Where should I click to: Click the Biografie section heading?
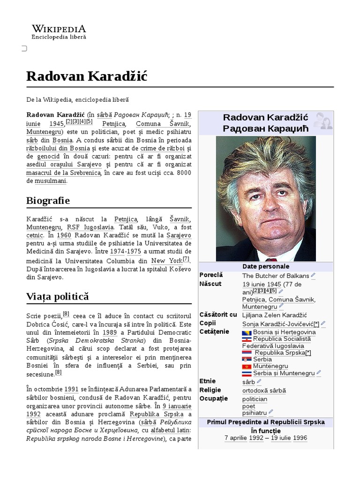tap(48, 201)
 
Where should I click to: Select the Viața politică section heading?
tap(58, 297)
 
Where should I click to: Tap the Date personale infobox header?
tap(266, 266)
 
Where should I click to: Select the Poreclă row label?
tap(211, 275)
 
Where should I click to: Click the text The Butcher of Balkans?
tap(275, 276)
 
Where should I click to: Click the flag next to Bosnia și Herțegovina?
tap(247, 332)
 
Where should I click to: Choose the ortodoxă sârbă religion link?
tap(264, 390)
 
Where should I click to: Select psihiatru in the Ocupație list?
tap(255, 413)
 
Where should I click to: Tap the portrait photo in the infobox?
tap(266, 199)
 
